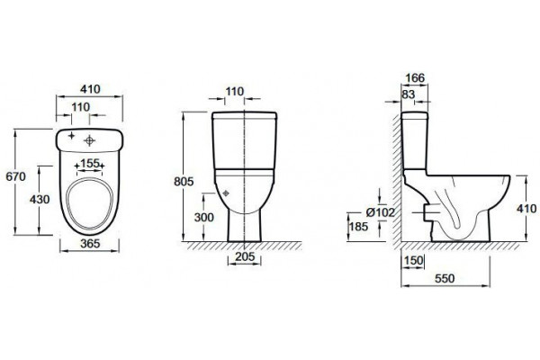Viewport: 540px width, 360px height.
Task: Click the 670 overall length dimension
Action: [x=16, y=176]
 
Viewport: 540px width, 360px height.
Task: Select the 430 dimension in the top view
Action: [x=40, y=200]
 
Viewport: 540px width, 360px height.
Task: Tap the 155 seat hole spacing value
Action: [x=89, y=163]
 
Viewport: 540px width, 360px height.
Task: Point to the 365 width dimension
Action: [x=90, y=244]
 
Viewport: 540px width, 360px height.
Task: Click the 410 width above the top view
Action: [x=90, y=89]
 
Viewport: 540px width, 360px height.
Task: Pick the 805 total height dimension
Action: [x=184, y=182]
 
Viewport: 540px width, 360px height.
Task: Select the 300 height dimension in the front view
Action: [x=204, y=218]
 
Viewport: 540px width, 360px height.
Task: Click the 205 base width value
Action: [x=245, y=256]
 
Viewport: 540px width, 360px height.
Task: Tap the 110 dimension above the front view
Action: [x=235, y=92]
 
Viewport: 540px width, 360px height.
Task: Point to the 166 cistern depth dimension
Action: [x=415, y=78]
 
